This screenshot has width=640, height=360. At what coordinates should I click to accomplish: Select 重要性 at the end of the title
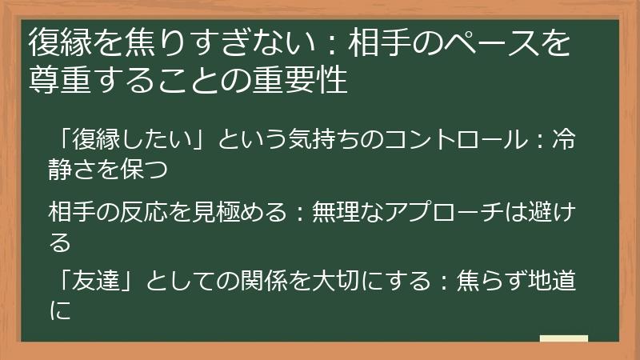point(308,81)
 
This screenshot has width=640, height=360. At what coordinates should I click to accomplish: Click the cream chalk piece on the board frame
point(564,338)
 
